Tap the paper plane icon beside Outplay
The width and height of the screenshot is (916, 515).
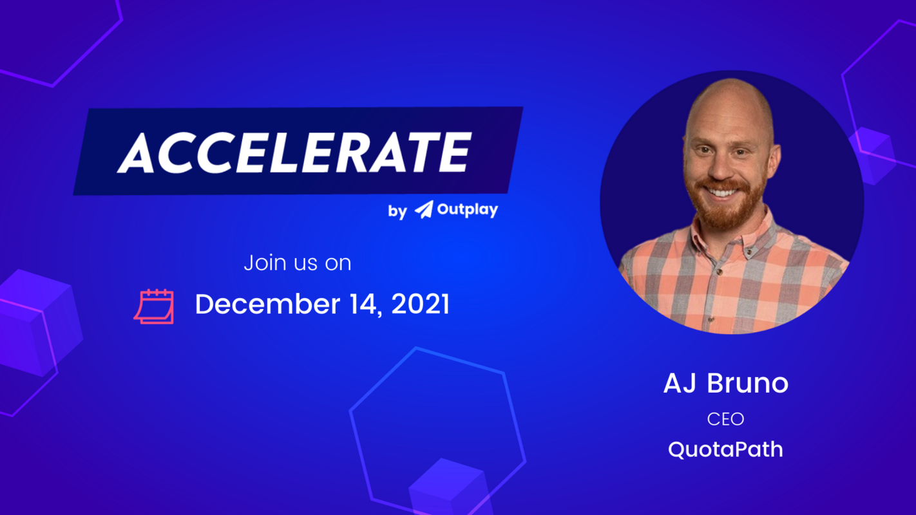pos(423,209)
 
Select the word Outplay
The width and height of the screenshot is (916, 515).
pos(467,210)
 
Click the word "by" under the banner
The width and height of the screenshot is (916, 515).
pos(397,211)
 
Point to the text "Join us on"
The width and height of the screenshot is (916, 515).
pos(297,263)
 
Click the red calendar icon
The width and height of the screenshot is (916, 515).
pos(155,306)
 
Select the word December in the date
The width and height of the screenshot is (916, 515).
pos(258,304)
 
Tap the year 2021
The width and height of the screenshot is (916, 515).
pos(420,304)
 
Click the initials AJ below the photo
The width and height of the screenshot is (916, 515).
pos(681,384)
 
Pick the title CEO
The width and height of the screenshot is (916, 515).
pos(725,419)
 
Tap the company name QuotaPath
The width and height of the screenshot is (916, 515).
pos(725,449)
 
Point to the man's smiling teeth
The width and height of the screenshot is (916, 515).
pos(723,192)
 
